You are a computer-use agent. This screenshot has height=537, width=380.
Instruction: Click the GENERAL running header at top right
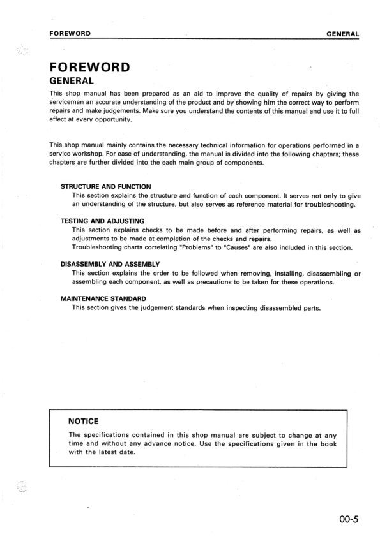tap(342, 33)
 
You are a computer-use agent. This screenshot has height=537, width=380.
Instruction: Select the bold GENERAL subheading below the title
tap(72, 81)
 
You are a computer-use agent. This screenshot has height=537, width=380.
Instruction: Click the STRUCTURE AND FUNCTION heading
tap(105, 186)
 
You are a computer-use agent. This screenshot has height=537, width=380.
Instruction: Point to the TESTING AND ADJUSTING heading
tap(102, 221)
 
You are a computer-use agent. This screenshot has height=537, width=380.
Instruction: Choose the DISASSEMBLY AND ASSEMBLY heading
tap(110, 264)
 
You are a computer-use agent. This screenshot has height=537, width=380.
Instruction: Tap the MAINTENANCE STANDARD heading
tap(103, 298)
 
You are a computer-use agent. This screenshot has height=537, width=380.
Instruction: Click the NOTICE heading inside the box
tap(83, 422)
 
